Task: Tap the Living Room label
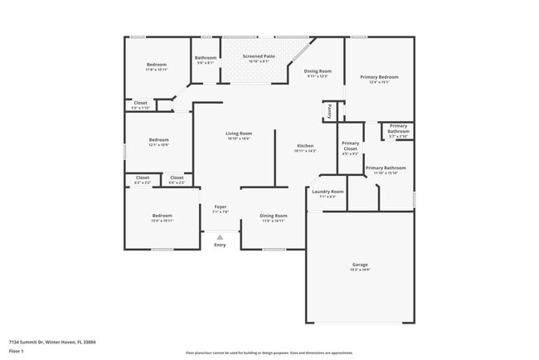[x=239, y=134]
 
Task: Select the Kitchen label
[x=305, y=146]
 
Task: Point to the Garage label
[x=360, y=265]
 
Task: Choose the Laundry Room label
[x=328, y=192]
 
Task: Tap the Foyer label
[x=220, y=207]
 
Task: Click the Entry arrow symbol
[x=220, y=236]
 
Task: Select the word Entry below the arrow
[x=220, y=245]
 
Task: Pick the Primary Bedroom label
[x=379, y=77]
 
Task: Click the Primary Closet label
[x=350, y=147]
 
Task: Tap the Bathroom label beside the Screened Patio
[x=205, y=57]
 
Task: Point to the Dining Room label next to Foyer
[x=274, y=216]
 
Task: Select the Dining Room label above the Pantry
[x=318, y=71]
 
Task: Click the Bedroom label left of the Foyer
[x=162, y=216]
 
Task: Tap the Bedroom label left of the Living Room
[x=158, y=140]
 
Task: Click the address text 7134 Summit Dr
[x=41, y=341]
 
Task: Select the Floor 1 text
[x=17, y=351]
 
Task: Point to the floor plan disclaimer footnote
[x=269, y=353]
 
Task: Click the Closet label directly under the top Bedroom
[x=140, y=103]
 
